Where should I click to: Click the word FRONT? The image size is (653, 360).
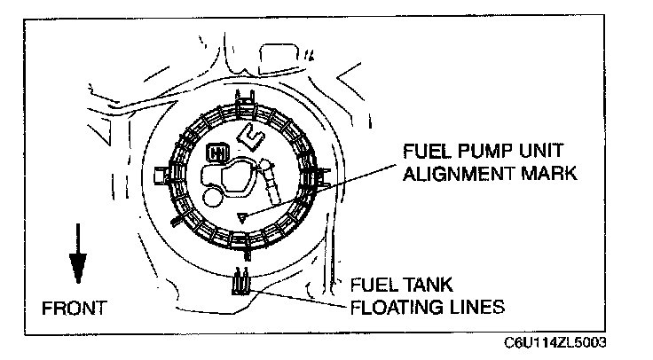(x=75, y=309)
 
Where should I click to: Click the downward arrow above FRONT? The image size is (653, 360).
(x=78, y=254)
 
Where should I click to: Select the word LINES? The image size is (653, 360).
(x=476, y=309)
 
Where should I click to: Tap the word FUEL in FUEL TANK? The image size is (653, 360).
(x=374, y=286)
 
